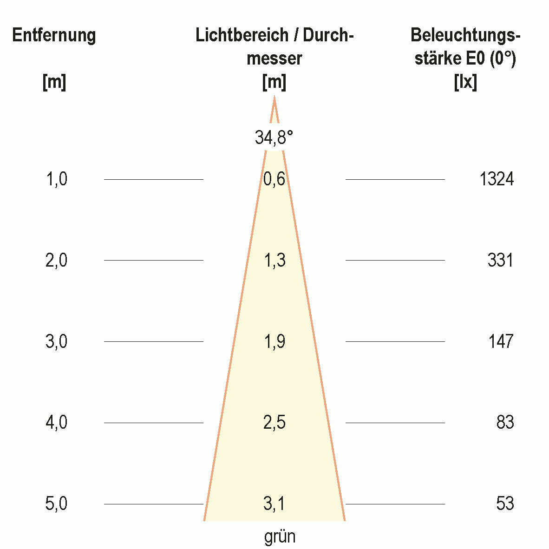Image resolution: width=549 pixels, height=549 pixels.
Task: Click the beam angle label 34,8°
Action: click(x=274, y=137)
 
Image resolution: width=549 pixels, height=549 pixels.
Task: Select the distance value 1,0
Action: click(x=56, y=179)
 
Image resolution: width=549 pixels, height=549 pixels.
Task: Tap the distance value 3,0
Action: click(x=56, y=341)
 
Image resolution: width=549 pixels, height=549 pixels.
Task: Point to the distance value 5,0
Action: click(x=56, y=504)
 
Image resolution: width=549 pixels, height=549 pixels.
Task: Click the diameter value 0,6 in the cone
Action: click(x=274, y=179)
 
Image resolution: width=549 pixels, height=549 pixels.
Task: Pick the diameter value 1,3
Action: click(x=274, y=261)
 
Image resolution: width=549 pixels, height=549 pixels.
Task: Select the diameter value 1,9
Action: click(x=274, y=342)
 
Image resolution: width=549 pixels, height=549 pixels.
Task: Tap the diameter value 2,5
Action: click(x=274, y=423)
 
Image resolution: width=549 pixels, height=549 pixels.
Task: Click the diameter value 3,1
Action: click(x=274, y=504)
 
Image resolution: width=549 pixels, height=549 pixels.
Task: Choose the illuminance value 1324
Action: click(x=497, y=179)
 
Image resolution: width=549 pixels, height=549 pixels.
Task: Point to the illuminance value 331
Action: click(x=500, y=260)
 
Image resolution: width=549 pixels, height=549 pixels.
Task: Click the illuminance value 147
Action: click(x=500, y=341)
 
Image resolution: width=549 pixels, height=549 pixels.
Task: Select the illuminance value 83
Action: click(x=505, y=423)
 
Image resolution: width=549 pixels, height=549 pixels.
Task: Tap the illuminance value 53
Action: click(x=505, y=504)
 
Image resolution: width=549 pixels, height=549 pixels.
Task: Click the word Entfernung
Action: click(x=54, y=35)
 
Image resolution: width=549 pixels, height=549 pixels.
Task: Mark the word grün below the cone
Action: click(x=280, y=537)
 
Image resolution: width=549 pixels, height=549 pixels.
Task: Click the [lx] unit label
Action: click(x=465, y=83)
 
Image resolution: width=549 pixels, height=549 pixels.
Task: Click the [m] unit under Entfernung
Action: click(x=54, y=83)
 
